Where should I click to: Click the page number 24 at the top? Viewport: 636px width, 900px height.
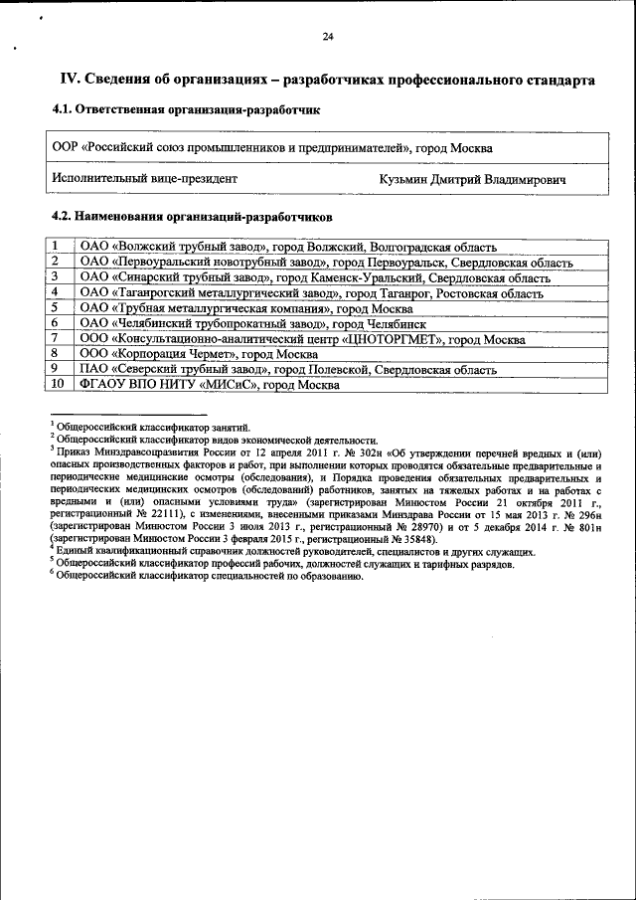click(x=328, y=37)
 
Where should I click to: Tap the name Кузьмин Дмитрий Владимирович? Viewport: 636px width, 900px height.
click(x=472, y=180)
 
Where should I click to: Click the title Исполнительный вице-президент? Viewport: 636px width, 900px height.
click(x=144, y=180)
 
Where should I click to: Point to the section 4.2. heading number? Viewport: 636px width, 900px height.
click(x=64, y=216)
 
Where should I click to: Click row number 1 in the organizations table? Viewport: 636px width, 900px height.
click(x=56, y=246)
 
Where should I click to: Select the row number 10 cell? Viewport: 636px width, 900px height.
click(x=58, y=383)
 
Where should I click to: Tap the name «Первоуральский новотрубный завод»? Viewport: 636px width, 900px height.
click(x=219, y=262)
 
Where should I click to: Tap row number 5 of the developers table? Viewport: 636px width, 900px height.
click(x=56, y=307)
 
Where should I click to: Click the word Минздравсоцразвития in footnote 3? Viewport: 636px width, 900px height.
click(x=129, y=450)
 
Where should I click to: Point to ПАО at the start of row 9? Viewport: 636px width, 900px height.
click(x=92, y=369)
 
